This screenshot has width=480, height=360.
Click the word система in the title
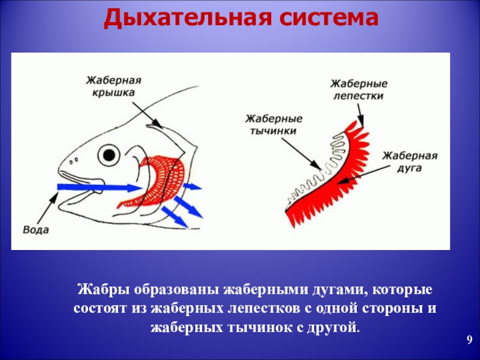click(x=328, y=19)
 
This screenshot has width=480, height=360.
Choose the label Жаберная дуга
click(x=410, y=162)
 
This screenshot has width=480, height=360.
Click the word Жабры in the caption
click(x=98, y=290)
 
